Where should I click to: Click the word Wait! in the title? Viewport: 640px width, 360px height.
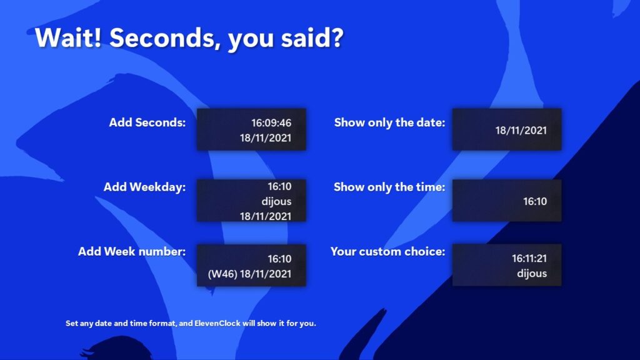tap(68, 37)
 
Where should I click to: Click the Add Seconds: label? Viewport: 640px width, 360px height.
tap(147, 122)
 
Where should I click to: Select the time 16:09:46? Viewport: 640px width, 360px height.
tap(271, 123)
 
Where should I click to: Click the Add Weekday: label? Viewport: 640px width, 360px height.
tap(144, 187)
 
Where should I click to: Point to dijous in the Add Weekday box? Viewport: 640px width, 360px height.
tap(276, 201)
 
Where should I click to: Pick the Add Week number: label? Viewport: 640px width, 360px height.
tap(132, 251)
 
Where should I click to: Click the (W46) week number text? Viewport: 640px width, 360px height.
tap(222, 274)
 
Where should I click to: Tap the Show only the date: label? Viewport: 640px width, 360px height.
tap(390, 122)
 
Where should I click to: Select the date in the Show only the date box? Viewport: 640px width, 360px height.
tap(521, 131)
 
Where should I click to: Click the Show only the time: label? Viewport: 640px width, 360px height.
tap(389, 187)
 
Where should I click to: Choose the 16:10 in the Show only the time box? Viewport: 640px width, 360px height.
tap(535, 201)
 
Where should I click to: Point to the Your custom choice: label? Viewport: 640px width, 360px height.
tap(387, 251)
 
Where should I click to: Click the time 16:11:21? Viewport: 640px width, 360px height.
tap(529, 258)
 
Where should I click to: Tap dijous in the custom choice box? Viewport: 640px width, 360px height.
tap(532, 274)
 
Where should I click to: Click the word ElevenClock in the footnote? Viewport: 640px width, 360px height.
tap(217, 323)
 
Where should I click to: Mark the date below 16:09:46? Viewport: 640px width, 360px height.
tap(265, 138)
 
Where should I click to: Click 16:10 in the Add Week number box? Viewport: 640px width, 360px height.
tap(279, 259)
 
